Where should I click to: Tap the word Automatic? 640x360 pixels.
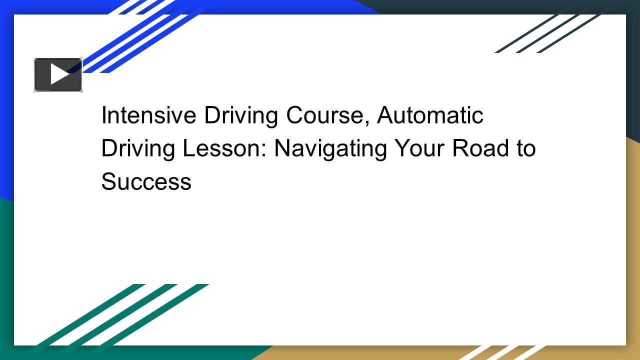(x=430, y=115)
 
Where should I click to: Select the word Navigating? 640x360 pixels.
(x=330, y=148)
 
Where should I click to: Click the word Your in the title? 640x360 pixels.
(x=419, y=148)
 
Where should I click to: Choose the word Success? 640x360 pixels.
(x=146, y=181)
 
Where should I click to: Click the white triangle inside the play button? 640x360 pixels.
(x=59, y=74)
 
